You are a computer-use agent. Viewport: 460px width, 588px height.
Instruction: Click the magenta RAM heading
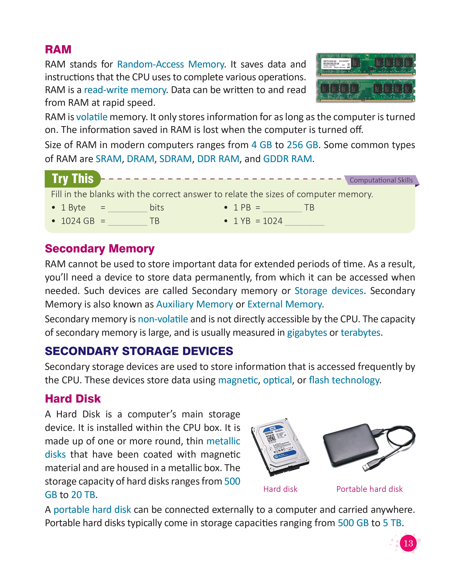(x=58, y=50)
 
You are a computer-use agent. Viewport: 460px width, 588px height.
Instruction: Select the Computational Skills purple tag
(x=381, y=180)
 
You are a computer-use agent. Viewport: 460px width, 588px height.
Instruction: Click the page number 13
(x=408, y=543)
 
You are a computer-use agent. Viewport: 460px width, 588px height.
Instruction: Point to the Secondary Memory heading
(x=100, y=249)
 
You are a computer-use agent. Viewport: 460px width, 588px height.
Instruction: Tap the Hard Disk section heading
(x=73, y=399)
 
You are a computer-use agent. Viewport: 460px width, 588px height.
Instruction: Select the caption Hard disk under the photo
(x=280, y=489)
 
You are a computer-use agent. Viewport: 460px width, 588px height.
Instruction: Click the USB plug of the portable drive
(x=368, y=467)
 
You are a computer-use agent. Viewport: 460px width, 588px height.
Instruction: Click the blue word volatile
(x=92, y=117)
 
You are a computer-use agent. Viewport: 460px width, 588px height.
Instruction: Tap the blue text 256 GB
(x=302, y=145)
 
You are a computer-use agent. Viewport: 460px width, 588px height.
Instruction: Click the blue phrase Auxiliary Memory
(x=194, y=304)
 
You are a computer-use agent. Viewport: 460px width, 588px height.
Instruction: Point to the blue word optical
(x=277, y=380)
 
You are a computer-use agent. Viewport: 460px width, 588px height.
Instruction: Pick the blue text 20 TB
(x=83, y=495)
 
